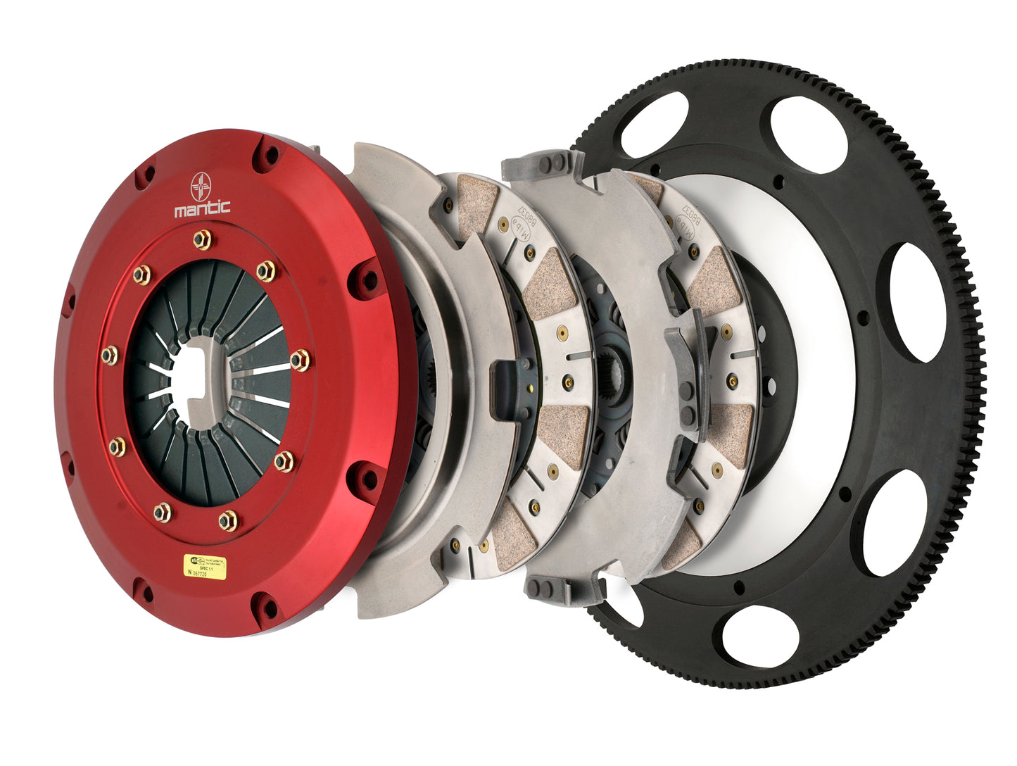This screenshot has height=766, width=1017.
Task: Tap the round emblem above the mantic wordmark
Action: click(202, 184)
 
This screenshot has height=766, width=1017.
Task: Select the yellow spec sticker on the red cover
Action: click(206, 565)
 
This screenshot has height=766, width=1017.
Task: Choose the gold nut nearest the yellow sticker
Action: click(227, 520)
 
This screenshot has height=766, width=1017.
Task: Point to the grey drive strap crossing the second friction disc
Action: click(686, 366)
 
